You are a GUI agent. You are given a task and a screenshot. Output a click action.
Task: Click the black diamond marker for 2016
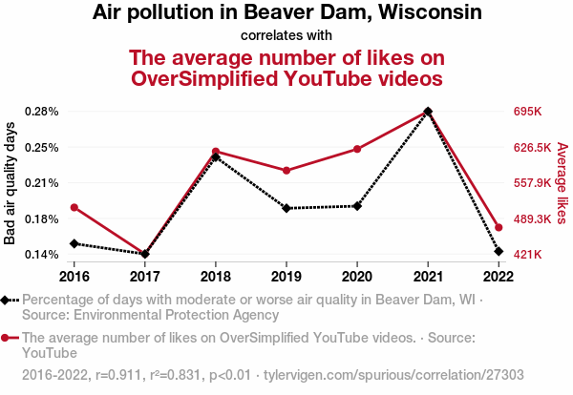(x=74, y=243)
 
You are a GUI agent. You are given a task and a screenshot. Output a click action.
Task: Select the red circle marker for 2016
(x=74, y=207)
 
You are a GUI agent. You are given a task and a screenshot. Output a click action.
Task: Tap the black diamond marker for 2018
(x=216, y=156)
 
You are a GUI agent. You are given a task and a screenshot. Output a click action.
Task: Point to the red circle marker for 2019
(x=286, y=171)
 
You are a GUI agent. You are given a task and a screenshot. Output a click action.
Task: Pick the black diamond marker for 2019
(x=286, y=208)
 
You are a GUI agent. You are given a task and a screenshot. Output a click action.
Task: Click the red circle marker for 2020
(x=357, y=149)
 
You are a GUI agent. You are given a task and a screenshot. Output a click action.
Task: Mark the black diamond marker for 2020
(x=357, y=206)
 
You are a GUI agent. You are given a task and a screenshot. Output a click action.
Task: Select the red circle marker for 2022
(x=499, y=227)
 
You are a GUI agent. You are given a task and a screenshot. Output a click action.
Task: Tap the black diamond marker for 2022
(x=499, y=251)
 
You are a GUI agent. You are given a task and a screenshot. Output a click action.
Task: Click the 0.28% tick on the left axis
(x=42, y=112)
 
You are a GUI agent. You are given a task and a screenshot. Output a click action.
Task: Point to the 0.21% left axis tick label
(x=42, y=183)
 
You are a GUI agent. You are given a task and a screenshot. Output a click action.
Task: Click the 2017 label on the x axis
(x=145, y=277)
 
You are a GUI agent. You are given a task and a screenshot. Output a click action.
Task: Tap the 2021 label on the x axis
(x=428, y=277)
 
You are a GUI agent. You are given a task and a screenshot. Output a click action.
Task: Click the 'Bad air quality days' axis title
(x=11, y=183)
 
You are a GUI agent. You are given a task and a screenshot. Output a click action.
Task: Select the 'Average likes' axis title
(x=562, y=183)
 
